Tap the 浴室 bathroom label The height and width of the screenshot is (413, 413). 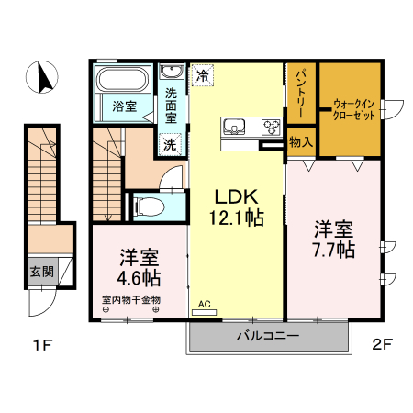[x=126, y=106]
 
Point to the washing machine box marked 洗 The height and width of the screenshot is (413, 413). [x=170, y=143]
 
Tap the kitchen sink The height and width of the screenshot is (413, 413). [x=233, y=126]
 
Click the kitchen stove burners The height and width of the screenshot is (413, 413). [x=271, y=126]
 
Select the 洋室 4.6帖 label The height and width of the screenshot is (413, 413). [x=139, y=266]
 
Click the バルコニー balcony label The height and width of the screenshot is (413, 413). [x=268, y=337]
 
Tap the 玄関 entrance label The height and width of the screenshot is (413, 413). [x=41, y=271]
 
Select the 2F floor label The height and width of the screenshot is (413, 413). [x=382, y=346]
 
